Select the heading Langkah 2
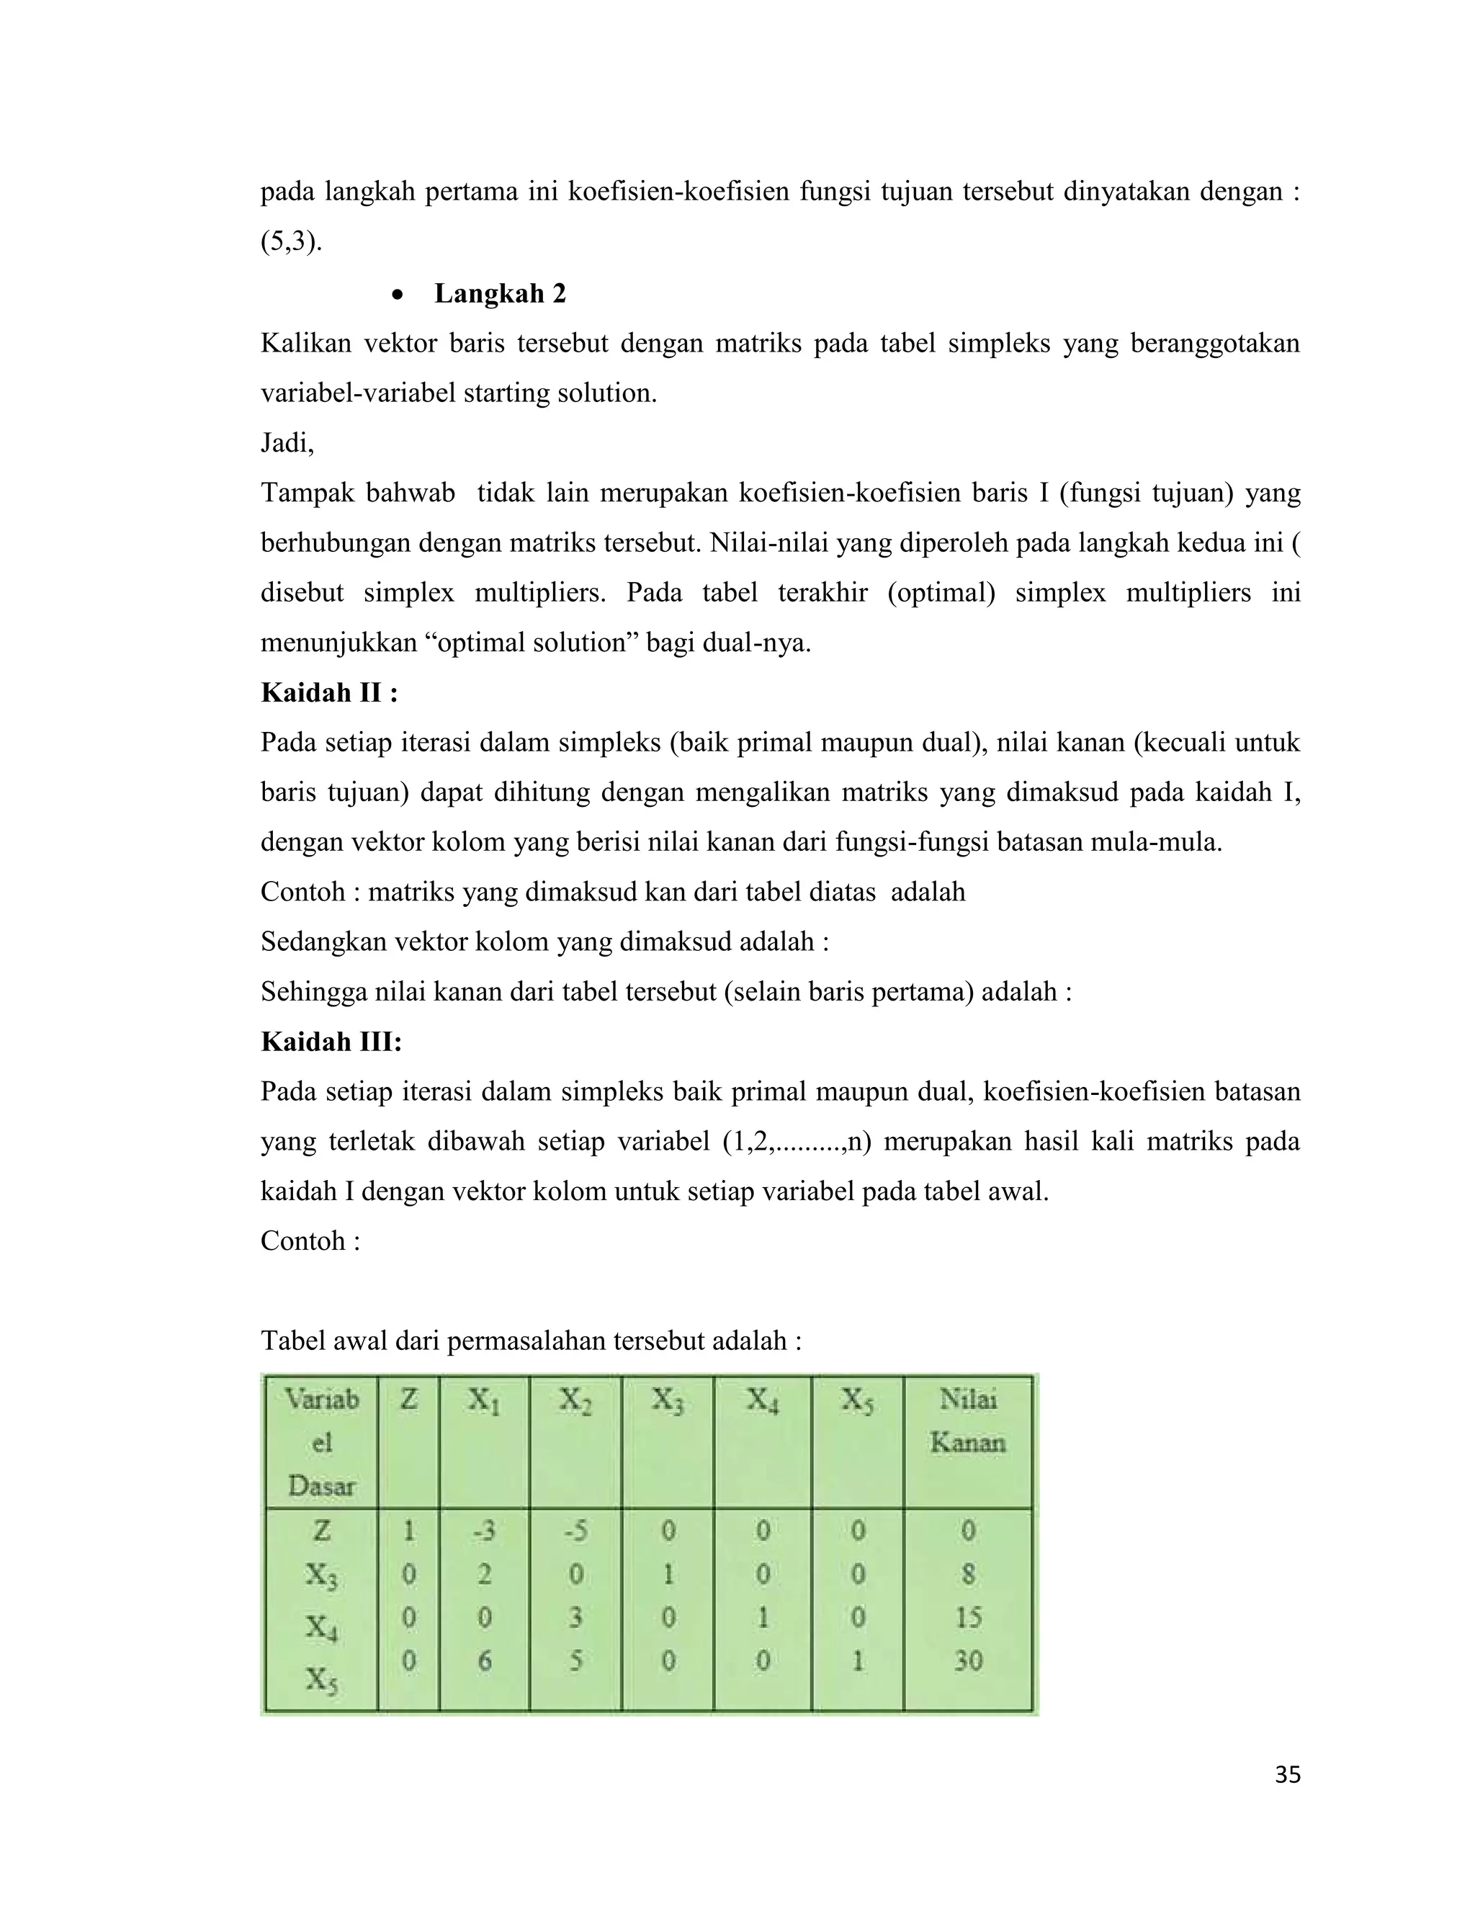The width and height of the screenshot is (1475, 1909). pyautogui.click(x=500, y=294)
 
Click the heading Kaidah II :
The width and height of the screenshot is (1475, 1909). pyautogui.click(x=329, y=693)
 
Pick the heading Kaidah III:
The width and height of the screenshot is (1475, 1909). pyautogui.click(x=331, y=1042)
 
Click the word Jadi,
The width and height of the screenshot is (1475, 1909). pyautogui.click(x=287, y=443)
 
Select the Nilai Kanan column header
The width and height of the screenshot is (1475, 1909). pyautogui.click(x=967, y=1421)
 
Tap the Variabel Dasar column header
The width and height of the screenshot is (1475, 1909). pyautogui.click(x=321, y=1442)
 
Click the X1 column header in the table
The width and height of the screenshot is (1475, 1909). pyautogui.click(x=484, y=1401)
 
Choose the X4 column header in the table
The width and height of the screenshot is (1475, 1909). pyautogui.click(x=762, y=1401)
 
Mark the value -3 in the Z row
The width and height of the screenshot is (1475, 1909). pyautogui.click(x=484, y=1531)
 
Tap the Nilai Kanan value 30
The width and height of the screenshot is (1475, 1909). pyautogui.click(x=967, y=1660)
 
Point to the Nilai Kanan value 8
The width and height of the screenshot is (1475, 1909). pyautogui.click(x=967, y=1574)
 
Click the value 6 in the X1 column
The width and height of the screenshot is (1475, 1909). pyautogui.click(x=484, y=1660)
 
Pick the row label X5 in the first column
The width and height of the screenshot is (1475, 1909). pyautogui.click(x=320, y=1679)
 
